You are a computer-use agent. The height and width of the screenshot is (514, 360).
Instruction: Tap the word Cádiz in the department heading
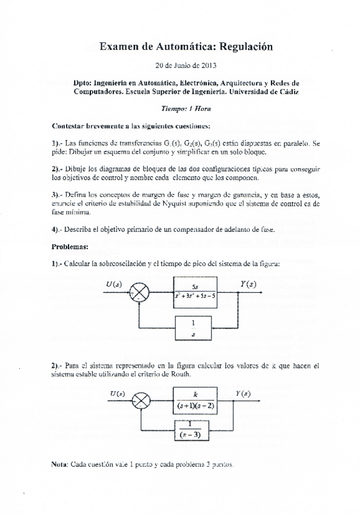[284, 92]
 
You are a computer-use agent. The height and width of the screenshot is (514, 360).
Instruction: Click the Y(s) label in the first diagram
[248, 284]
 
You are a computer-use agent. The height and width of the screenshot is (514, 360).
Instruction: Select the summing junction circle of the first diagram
[141, 293]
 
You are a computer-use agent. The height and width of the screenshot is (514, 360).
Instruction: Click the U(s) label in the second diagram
[118, 394]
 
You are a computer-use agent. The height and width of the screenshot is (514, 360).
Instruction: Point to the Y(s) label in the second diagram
[242, 394]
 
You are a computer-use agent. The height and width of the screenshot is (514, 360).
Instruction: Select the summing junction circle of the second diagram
[142, 401]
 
